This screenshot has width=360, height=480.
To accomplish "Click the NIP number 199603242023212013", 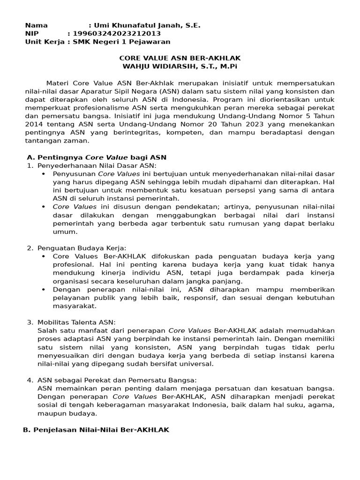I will point(114,34).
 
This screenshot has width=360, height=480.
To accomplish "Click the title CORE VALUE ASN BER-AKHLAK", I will point(180,58).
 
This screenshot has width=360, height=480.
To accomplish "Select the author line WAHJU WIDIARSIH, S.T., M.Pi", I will point(180,67).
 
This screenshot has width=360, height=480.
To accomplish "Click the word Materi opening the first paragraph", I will point(57,83).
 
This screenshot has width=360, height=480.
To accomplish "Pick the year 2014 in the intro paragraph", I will point(34,124).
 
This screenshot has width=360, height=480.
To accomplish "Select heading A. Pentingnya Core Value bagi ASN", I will point(96,157).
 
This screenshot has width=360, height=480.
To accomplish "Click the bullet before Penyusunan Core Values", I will point(44,173).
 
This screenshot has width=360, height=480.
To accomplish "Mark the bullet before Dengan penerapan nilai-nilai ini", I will point(44,289).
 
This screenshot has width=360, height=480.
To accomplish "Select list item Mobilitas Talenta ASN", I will point(76,322).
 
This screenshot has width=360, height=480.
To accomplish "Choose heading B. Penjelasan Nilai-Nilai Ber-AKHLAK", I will point(96,430).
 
